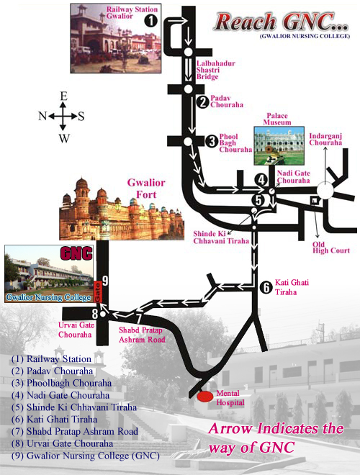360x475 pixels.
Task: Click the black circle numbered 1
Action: (150, 21)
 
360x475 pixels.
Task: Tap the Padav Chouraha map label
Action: (227, 101)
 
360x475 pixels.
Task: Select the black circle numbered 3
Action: (212, 141)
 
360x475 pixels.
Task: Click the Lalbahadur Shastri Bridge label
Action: (215, 70)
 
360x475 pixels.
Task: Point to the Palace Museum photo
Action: (279, 145)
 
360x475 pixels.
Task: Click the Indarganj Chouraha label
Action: (325, 140)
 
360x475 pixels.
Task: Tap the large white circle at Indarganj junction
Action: (325, 191)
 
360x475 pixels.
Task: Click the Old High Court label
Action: (331, 248)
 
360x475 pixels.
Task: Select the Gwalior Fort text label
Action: (146, 189)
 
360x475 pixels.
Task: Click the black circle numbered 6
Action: (266, 287)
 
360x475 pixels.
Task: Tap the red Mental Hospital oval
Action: (205, 397)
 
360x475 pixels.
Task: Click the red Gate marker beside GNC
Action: (98, 291)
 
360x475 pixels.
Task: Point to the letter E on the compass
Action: (63, 96)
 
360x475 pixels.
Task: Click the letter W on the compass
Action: (64, 138)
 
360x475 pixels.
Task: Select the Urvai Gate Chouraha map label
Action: (76, 330)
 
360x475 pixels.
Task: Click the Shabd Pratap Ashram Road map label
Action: (142, 335)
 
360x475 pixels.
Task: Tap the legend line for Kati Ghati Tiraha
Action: (54, 420)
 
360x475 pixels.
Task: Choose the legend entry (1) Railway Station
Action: (51, 359)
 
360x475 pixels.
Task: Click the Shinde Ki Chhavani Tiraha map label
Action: (221, 237)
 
